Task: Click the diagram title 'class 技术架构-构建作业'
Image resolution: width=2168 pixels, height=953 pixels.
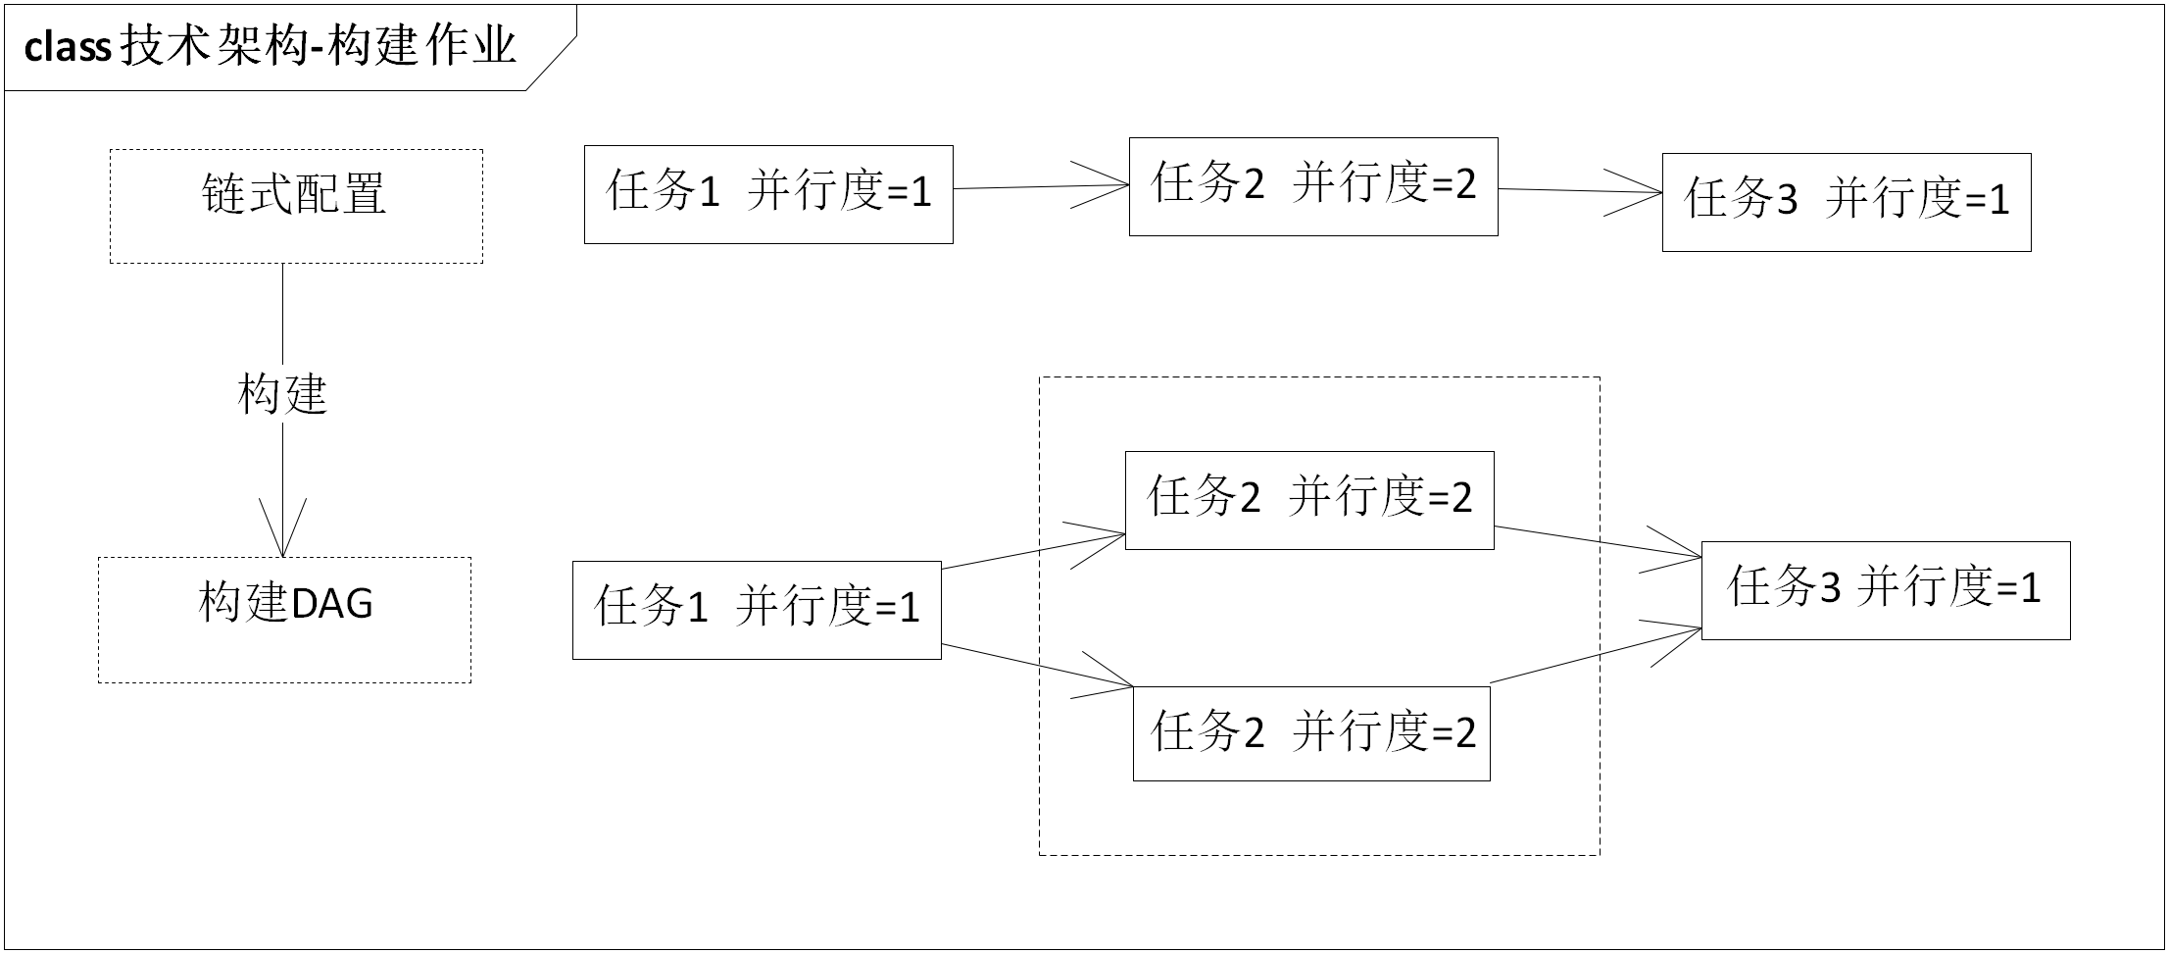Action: pos(271,47)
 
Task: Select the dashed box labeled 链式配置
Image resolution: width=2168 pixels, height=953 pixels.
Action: pos(296,206)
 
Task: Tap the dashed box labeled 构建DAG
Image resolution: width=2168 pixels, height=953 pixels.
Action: pos(284,620)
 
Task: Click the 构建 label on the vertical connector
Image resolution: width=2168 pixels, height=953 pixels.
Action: pos(282,394)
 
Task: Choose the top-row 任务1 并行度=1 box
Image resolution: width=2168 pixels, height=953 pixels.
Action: pos(768,194)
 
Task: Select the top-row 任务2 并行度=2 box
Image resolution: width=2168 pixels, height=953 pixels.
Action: pos(1313,186)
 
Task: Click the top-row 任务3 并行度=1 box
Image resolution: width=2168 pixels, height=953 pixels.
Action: pos(1847,202)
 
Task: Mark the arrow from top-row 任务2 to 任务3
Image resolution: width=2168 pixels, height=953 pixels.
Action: pos(1580,191)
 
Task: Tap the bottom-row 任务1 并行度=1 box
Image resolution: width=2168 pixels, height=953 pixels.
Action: pos(757,610)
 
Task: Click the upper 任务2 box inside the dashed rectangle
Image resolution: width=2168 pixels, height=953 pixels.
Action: pos(1309,500)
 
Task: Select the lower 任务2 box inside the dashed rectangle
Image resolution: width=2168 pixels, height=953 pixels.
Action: pos(1311,733)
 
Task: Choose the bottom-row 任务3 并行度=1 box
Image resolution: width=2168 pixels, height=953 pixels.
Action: pos(1886,590)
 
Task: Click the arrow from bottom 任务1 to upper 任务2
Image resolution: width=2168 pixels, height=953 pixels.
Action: pos(1033,550)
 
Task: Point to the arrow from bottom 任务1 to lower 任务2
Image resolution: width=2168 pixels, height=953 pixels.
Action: pos(1037,666)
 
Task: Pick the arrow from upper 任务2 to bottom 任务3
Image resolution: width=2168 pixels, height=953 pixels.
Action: pos(1598,543)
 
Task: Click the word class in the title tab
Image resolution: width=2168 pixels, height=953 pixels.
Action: pos(67,47)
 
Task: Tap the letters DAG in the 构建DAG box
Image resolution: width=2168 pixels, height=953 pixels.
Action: pos(331,604)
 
